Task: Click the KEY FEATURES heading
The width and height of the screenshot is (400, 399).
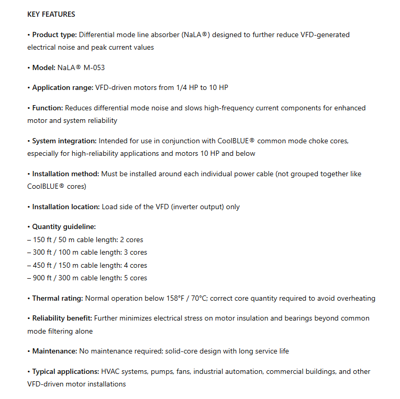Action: click(x=51, y=14)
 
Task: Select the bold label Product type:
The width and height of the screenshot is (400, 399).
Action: click(x=54, y=35)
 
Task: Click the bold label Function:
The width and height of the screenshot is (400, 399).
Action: click(x=48, y=108)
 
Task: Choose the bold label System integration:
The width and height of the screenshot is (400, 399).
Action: click(x=64, y=141)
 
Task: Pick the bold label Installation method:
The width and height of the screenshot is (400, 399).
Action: click(x=65, y=174)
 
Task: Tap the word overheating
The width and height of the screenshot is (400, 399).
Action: click(x=354, y=298)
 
